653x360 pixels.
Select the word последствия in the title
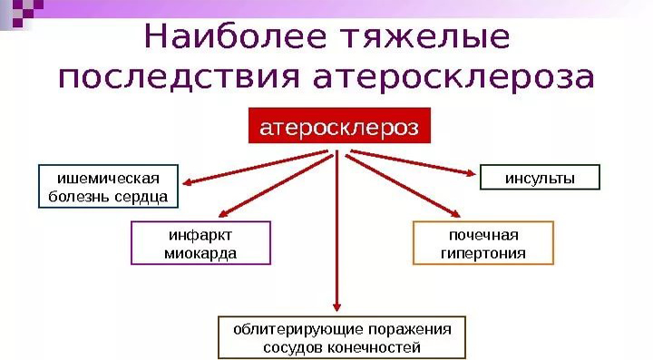click(178, 79)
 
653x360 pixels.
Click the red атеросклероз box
click(339, 128)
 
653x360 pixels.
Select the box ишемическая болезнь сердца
click(108, 187)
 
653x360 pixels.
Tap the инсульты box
click(540, 178)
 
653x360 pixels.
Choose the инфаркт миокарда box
click(200, 243)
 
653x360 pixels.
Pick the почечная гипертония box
click(482, 243)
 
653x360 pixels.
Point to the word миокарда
click(200, 254)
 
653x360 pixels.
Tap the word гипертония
click(482, 254)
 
